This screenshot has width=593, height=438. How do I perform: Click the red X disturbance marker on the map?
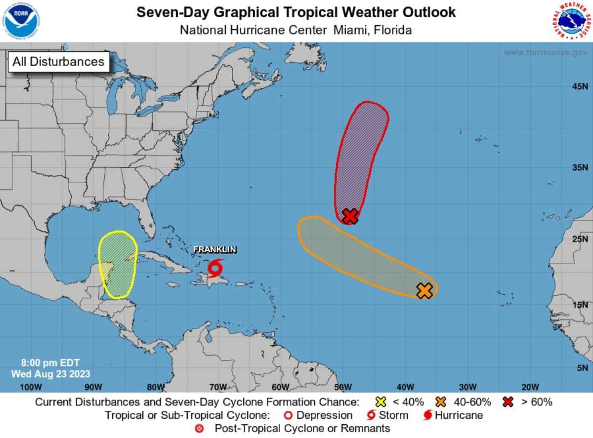point(350,216)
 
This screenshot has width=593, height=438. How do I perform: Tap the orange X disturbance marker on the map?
point(424,291)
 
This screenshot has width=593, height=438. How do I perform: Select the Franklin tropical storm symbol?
point(215,268)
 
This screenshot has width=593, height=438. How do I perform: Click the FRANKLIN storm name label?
point(214,250)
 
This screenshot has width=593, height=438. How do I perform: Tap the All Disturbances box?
point(58,62)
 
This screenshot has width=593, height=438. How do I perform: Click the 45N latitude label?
point(580,87)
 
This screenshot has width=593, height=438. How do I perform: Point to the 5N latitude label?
point(582,368)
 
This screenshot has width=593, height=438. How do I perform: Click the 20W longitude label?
point(530,387)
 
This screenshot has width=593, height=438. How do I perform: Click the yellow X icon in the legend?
point(381,402)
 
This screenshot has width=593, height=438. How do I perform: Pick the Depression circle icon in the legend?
point(288,415)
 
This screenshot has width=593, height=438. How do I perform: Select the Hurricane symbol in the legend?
point(427,415)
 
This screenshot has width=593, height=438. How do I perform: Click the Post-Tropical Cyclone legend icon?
point(200,428)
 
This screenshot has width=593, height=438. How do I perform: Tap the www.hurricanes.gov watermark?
point(546,52)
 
